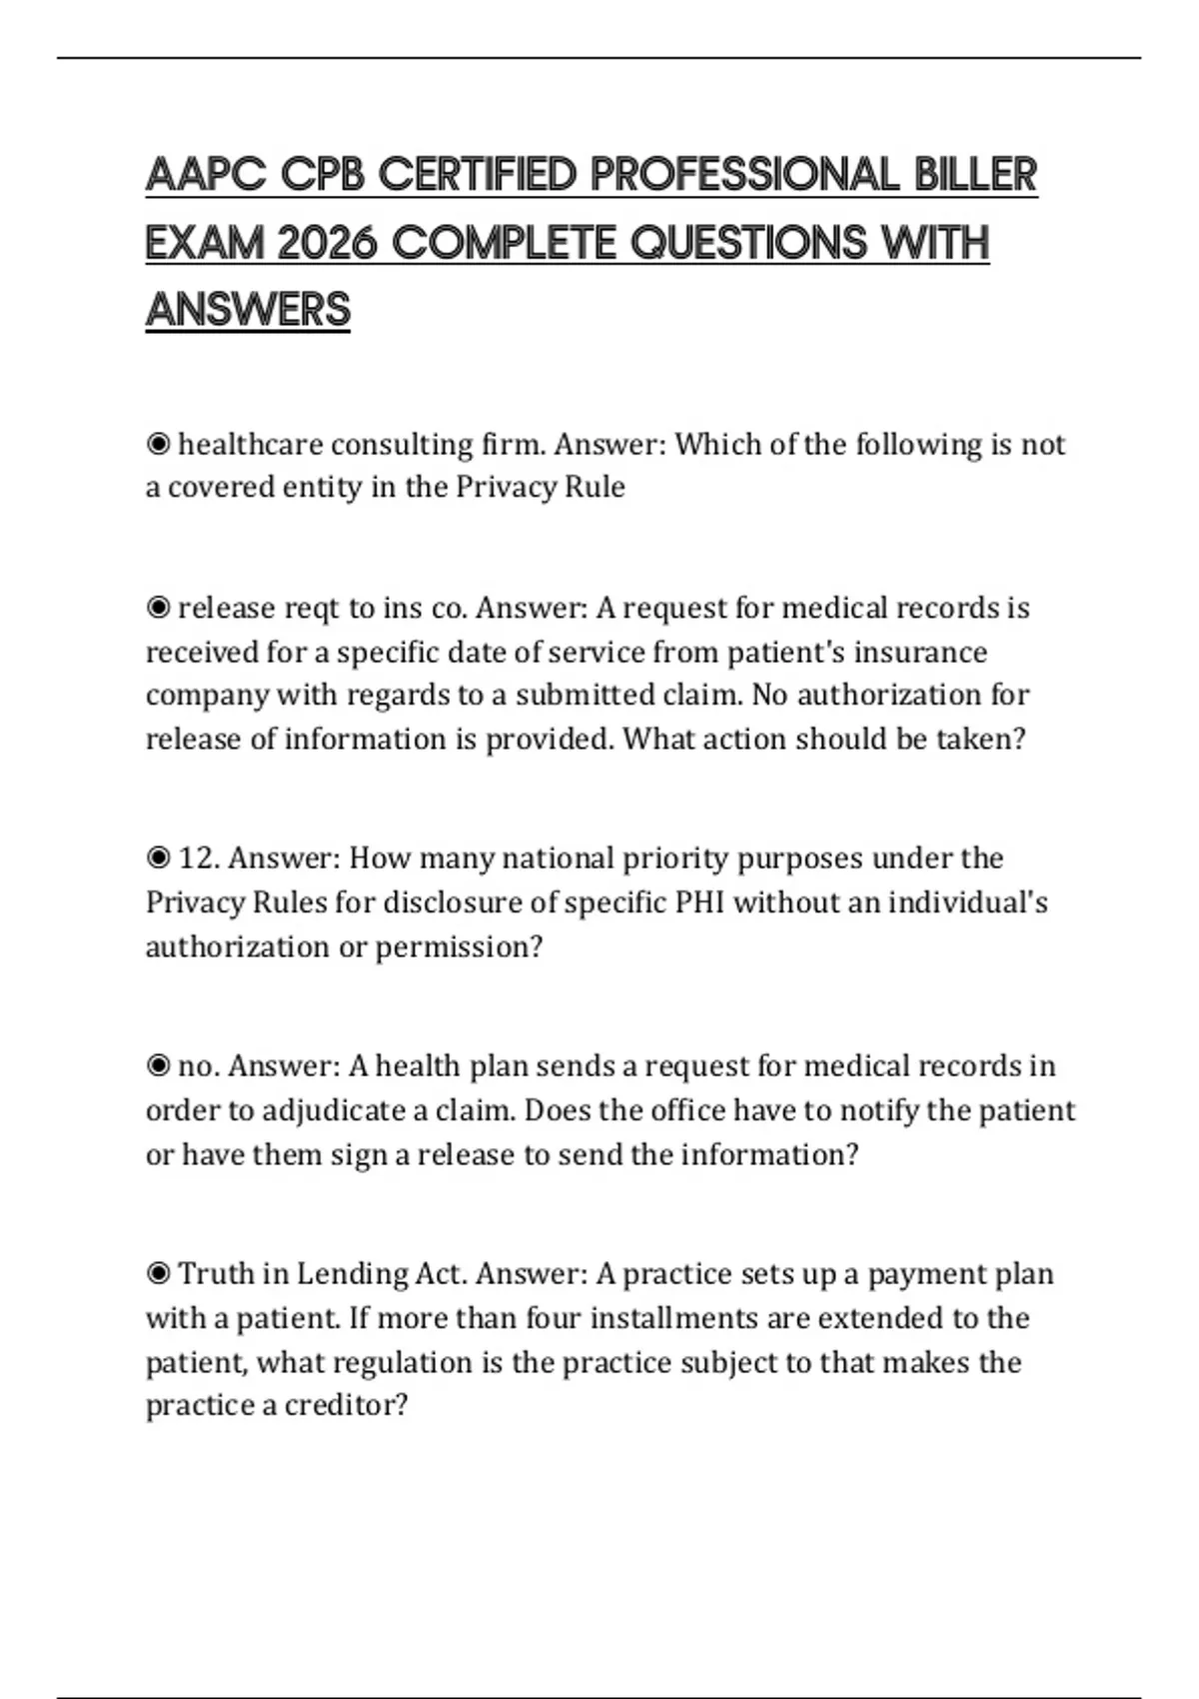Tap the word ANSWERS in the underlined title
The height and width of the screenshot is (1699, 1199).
click(248, 310)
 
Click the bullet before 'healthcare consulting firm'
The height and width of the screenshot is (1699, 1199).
click(158, 444)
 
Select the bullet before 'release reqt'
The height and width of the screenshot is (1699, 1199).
click(158, 608)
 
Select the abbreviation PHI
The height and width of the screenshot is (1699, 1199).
click(699, 901)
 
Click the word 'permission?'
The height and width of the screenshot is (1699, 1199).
click(459, 946)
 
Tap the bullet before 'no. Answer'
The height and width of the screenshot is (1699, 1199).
click(158, 1065)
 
